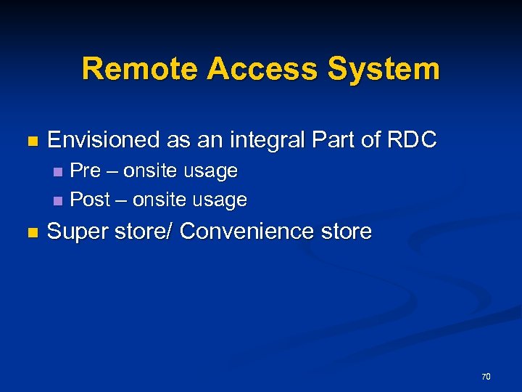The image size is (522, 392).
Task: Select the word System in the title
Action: pyautogui.click(x=384, y=70)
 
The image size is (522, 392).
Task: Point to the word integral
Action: pyautogui.click(x=273, y=139)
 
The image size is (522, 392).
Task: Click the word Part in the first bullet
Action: pyautogui.click(x=339, y=139)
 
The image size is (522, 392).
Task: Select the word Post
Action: pyautogui.click(x=90, y=200)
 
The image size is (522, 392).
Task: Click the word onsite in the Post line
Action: pyautogui.click(x=158, y=200)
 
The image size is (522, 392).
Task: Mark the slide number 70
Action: pyautogui.click(x=486, y=376)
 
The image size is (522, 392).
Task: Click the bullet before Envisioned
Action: pyautogui.click(x=30, y=141)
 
